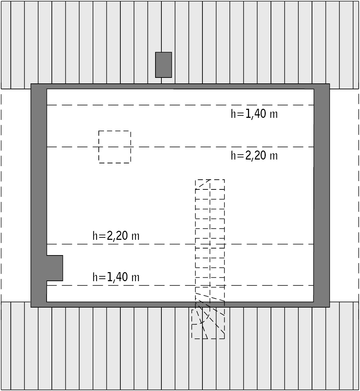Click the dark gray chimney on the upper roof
pos(163,65)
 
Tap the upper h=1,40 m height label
pos(254,114)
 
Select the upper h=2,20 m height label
pos(254,156)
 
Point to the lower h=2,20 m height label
pos(116,236)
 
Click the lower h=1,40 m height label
pos(116,277)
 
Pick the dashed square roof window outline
pos(114,131)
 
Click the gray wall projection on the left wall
pos(55,268)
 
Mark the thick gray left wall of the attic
pos(39,195)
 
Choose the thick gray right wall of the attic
pos(322,195)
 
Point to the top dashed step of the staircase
pos(210,185)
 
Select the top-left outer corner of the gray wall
pos(31,84)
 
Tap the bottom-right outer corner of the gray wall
pos(329,307)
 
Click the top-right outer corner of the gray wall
pos(329,84)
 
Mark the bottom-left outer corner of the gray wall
pos(31,307)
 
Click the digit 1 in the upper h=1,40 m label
pos(248,114)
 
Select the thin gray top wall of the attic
pos(180,86)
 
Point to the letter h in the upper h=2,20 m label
pos(233,155)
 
